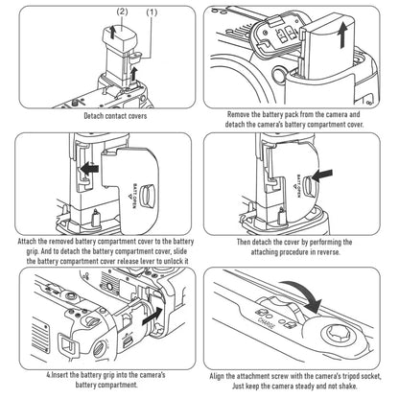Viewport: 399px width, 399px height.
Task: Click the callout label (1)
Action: click(x=152, y=12)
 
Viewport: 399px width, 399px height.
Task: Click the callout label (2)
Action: click(x=122, y=12)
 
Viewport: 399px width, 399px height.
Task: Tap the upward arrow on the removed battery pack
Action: click(x=342, y=36)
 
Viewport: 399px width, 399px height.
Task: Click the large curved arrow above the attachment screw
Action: click(x=304, y=293)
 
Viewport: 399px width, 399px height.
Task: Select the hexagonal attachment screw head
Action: click(x=340, y=335)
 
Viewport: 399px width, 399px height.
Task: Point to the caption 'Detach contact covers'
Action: click(x=115, y=116)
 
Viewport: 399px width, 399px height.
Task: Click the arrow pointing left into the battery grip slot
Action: click(x=89, y=169)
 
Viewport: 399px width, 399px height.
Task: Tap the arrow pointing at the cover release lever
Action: click(x=322, y=176)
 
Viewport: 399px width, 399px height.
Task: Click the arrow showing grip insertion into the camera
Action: click(x=153, y=316)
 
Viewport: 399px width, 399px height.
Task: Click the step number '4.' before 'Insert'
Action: click(x=49, y=374)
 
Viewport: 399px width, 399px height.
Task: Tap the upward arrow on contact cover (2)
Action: click(x=112, y=32)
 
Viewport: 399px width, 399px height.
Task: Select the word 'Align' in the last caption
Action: click(x=217, y=376)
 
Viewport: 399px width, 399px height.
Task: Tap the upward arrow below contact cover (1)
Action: click(x=134, y=74)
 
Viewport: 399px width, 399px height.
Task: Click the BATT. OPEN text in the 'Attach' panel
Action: click(x=134, y=196)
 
